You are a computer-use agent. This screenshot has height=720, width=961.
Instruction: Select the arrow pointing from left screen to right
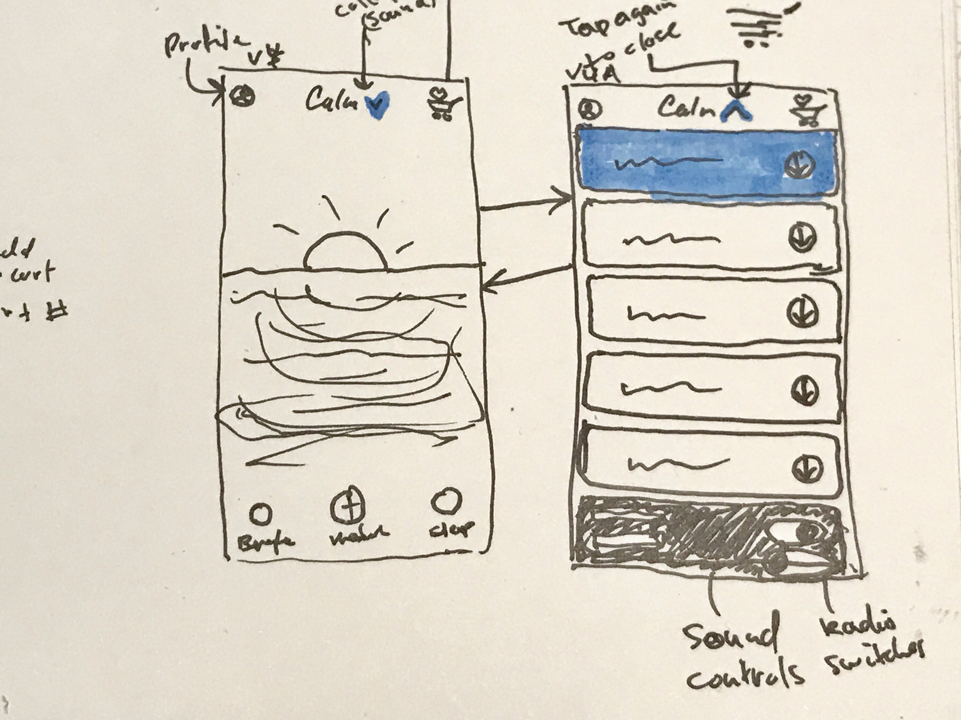(x=526, y=204)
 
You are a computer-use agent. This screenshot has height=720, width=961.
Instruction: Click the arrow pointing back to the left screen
(x=526, y=278)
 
